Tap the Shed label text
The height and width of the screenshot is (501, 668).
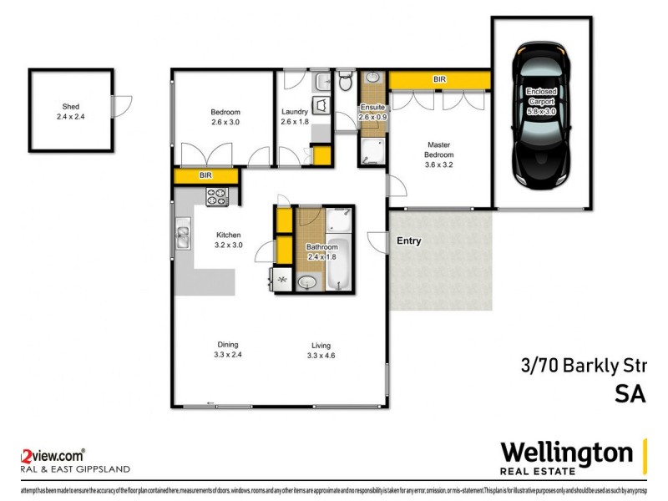[71, 106]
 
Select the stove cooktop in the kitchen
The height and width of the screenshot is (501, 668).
[217, 197]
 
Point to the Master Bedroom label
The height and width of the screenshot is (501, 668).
[439, 149]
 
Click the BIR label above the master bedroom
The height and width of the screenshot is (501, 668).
[439, 79]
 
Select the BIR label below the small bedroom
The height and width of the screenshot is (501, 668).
[205, 176]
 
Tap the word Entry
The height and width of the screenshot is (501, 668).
[409, 241]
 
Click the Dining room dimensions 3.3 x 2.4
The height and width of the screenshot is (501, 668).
[228, 355]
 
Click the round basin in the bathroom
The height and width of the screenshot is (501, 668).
[307, 282]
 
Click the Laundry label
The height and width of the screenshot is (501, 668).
[295, 112]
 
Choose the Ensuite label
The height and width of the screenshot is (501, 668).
[372, 107]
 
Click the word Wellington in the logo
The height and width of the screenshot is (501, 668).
[566, 453]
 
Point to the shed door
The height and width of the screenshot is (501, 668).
[124, 106]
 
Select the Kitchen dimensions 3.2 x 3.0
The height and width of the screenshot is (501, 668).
[228, 245]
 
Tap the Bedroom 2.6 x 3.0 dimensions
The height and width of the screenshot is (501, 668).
[225, 123]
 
